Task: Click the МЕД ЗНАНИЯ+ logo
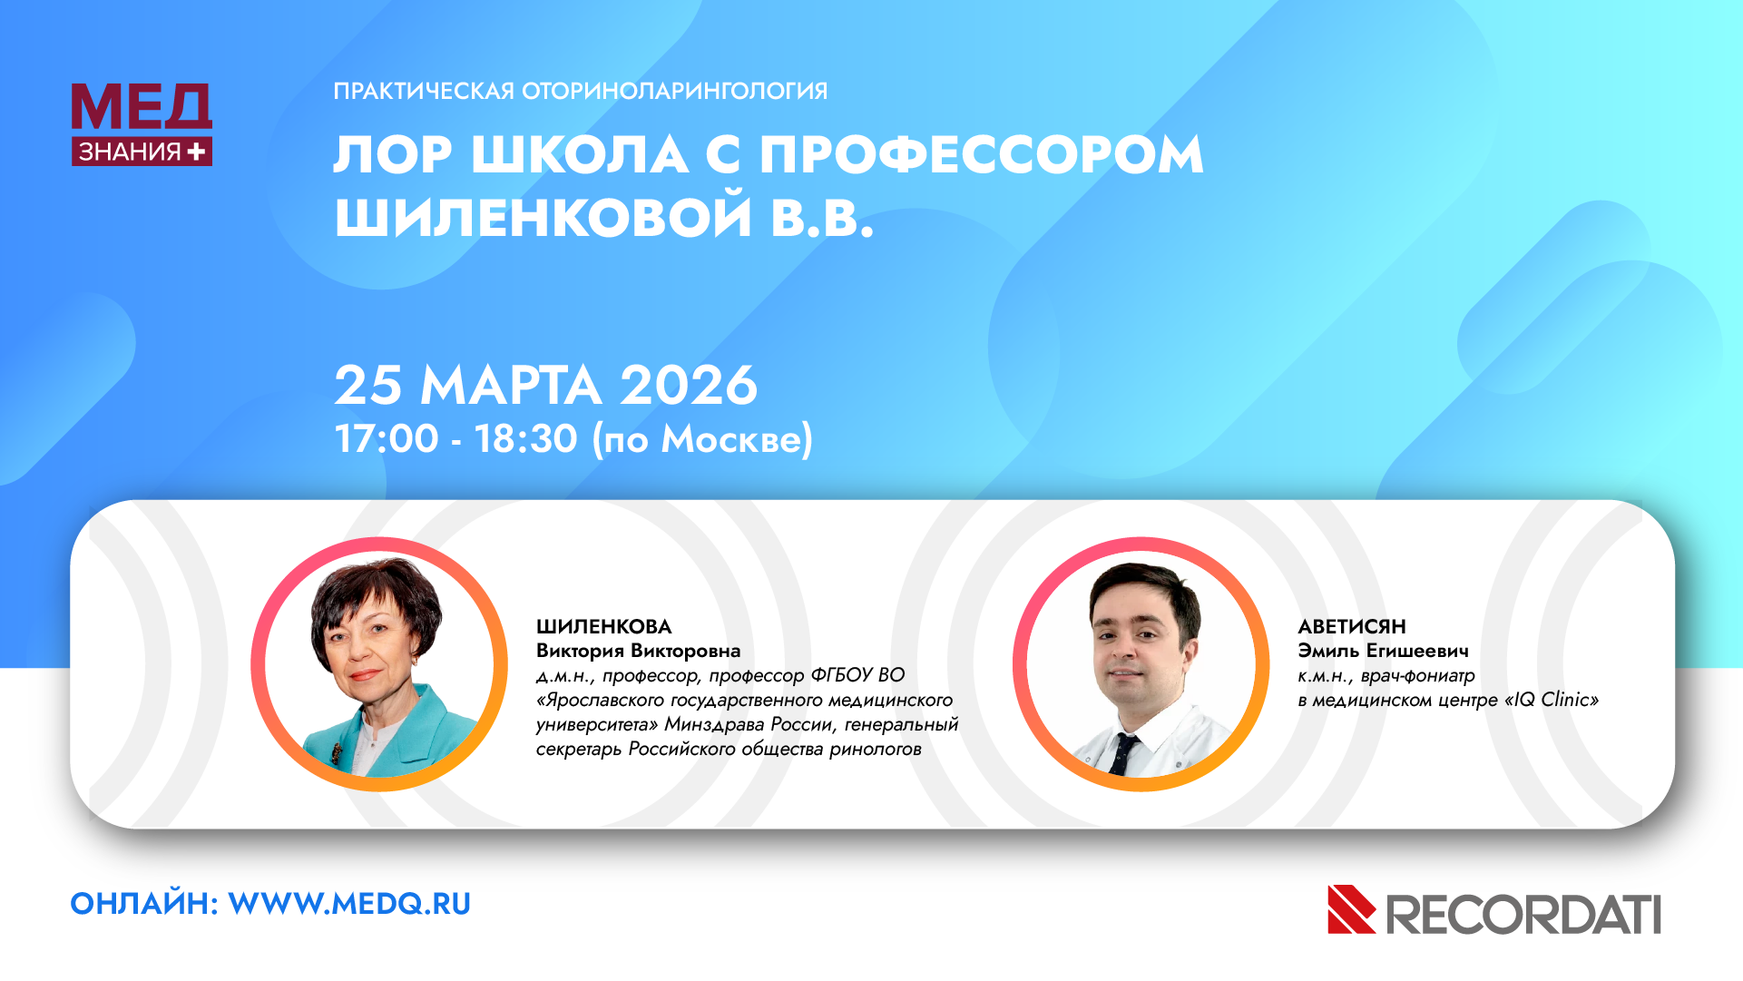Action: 142,124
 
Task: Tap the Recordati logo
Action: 1494,910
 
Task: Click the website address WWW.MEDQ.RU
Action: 349,904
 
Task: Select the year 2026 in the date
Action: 689,385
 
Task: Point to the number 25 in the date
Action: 368,385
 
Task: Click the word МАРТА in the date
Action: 511,385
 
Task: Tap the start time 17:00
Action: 387,438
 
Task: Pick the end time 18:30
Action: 526,438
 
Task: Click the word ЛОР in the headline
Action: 393,154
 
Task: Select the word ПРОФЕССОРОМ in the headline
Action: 982,154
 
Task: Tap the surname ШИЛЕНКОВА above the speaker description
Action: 604,626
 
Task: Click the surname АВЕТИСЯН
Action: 1352,626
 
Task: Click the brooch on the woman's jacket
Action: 337,752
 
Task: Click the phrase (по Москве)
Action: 702,439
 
